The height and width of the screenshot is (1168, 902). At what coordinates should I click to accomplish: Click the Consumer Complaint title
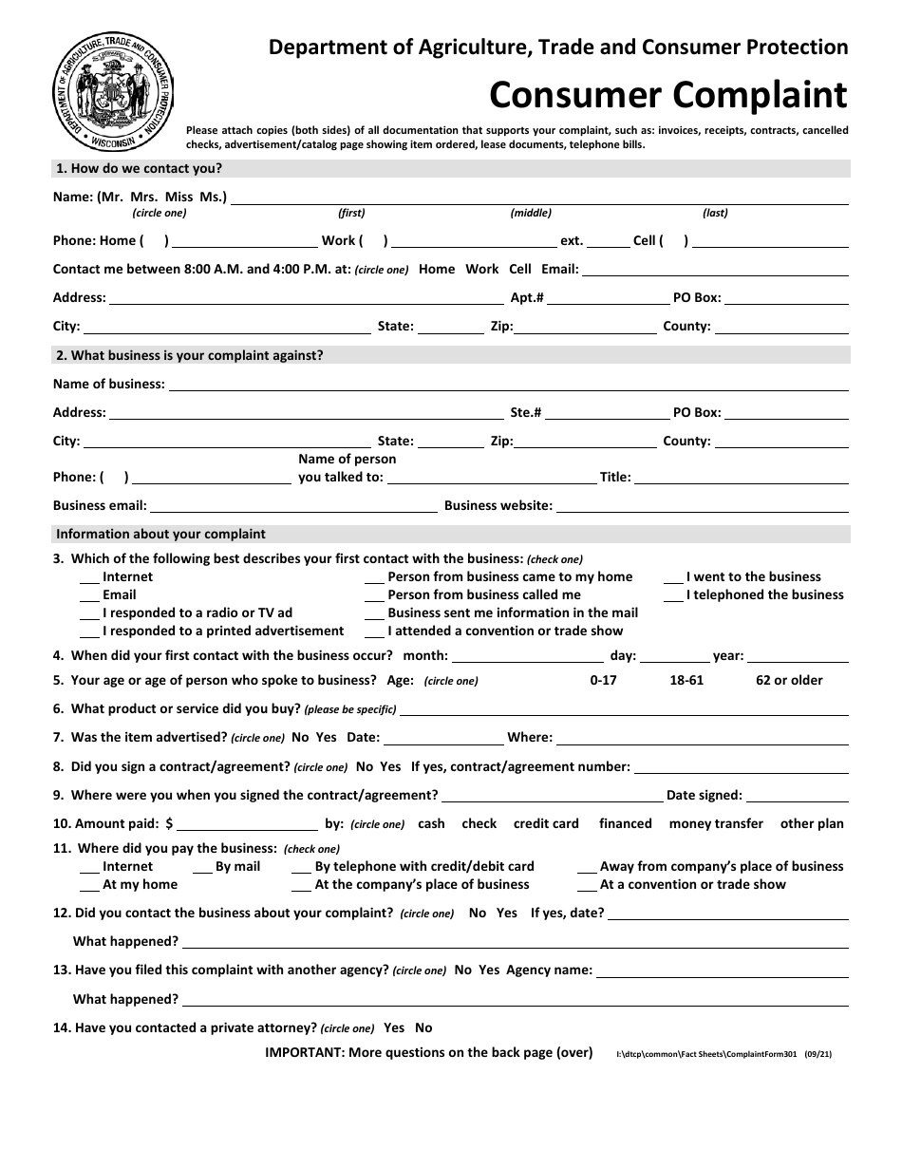pos(667,95)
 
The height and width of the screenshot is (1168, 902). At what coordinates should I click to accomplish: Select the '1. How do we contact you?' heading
pos(140,169)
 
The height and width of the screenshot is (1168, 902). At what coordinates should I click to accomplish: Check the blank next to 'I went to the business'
pos(673,578)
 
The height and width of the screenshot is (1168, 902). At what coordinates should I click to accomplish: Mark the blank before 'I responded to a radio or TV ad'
pos(89,614)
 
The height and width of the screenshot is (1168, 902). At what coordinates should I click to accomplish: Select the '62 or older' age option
pos(789,681)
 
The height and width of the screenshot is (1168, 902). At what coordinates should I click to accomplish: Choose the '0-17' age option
pos(603,681)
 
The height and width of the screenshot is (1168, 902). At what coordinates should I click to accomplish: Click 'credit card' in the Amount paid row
pos(546,824)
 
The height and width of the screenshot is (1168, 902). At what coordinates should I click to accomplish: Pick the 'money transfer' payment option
pos(716,824)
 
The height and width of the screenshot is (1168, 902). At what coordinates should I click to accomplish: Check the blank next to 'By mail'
pos(202,868)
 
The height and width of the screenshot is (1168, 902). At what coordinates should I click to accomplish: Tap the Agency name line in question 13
pos(722,972)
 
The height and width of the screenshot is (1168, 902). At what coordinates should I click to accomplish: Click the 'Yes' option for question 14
pos(394,1028)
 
